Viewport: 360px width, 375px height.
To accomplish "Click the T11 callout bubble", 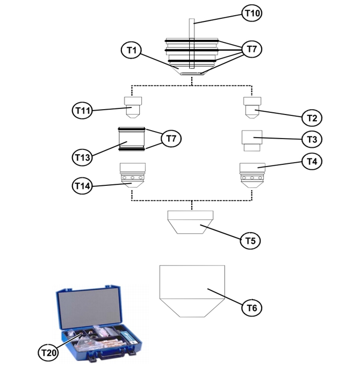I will (83, 111).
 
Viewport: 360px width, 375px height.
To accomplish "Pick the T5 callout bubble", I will (250, 240).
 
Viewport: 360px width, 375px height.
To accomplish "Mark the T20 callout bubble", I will (49, 352).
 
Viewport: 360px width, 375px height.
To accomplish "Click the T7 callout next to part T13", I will (171, 139).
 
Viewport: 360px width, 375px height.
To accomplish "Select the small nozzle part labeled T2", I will (251, 107).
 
